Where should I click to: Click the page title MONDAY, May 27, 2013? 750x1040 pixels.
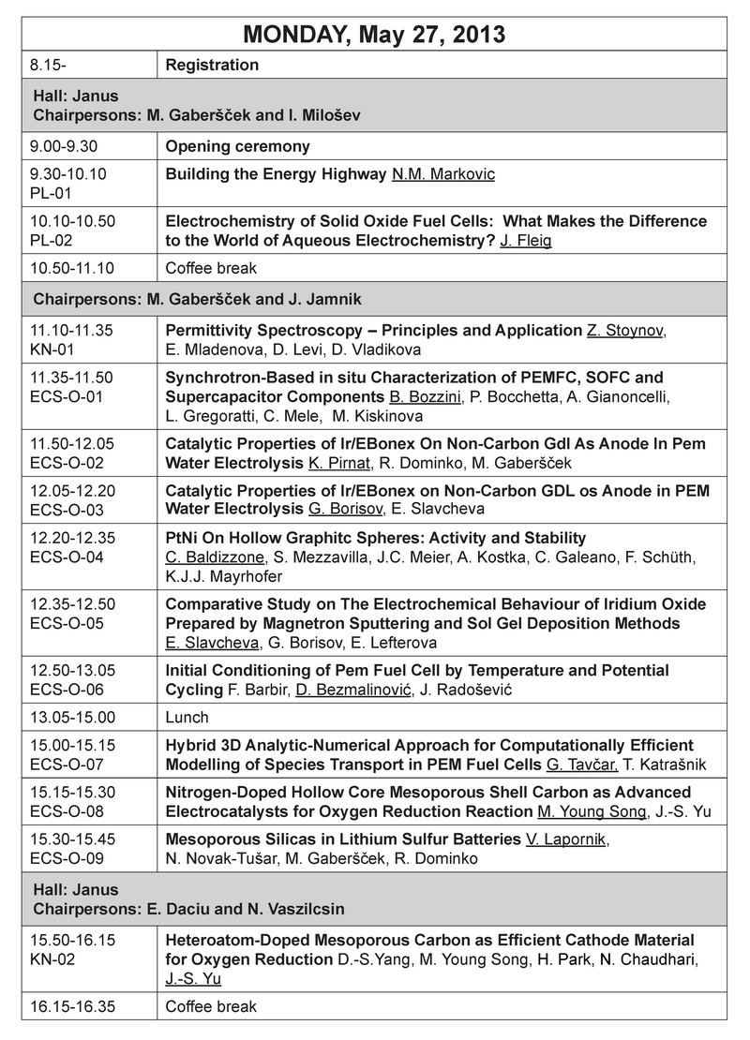(374, 35)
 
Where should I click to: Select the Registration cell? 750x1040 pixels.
(212, 66)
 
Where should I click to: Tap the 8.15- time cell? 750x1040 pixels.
(45, 66)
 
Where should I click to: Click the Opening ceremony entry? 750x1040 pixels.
(237, 146)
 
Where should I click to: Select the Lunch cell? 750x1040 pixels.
(187, 718)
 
